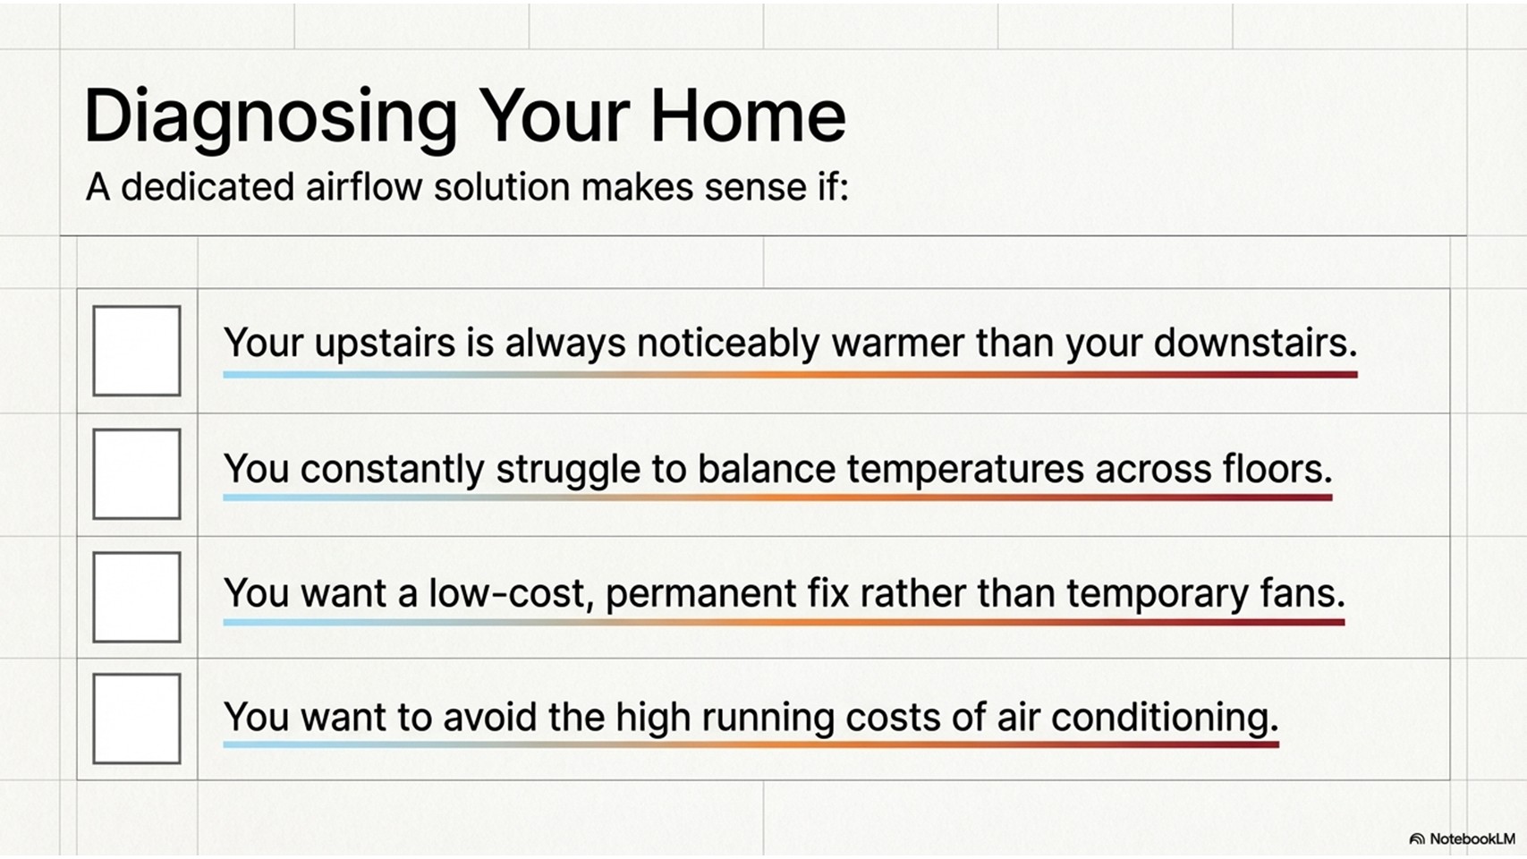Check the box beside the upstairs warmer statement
[x=137, y=351]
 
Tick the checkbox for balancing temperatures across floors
[x=137, y=474]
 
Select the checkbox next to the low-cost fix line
[x=137, y=597]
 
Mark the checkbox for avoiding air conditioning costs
[x=137, y=719]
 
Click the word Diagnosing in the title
[x=271, y=117]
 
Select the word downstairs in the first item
[x=1256, y=342]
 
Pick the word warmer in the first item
[x=898, y=343]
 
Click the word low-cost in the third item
[x=511, y=593]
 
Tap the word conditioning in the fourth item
[x=1165, y=719]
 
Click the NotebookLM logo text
[x=1472, y=838]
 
